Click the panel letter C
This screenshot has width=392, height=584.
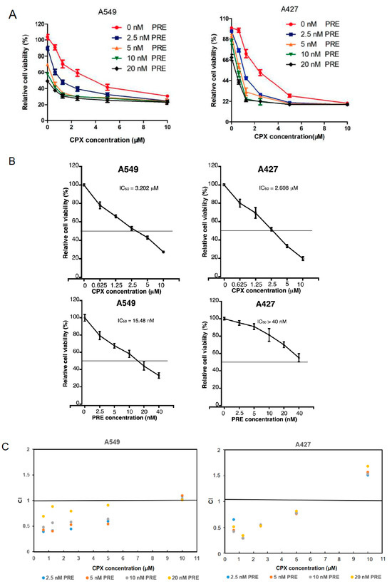[8, 444]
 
